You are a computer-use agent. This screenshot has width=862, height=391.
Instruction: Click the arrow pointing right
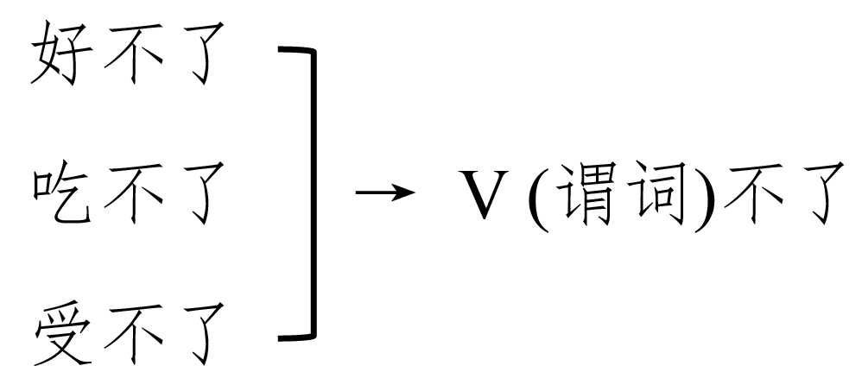pyautogui.click(x=381, y=192)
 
